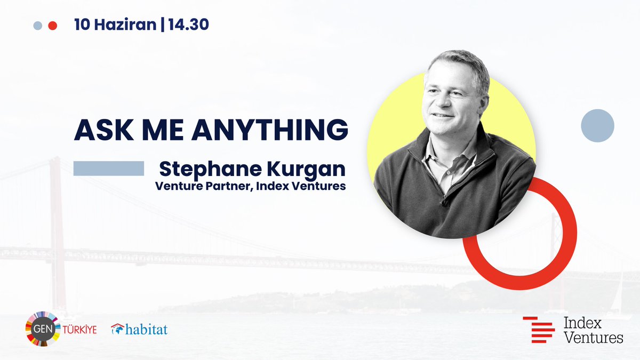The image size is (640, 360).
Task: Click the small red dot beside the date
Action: click(x=52, y=26)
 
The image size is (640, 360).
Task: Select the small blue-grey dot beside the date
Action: click(x=37, y=26)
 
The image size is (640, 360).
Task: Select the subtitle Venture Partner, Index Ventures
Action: click(x=250, y=187)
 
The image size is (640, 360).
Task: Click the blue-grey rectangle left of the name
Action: click(x=109, y=169)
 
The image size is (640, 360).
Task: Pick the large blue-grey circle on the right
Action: click(x=597, y=126)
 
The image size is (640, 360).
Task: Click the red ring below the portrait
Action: click(x=555, y=256)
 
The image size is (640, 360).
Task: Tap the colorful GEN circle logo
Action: click(x=43, y=330)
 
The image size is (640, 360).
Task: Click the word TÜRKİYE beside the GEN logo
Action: click(x=81, y=330)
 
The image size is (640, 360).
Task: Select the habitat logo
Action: click(x=139, y=330)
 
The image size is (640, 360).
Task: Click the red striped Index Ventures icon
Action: click(x=539, y=330)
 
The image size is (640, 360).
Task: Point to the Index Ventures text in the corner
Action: click(x=593, y=330)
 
